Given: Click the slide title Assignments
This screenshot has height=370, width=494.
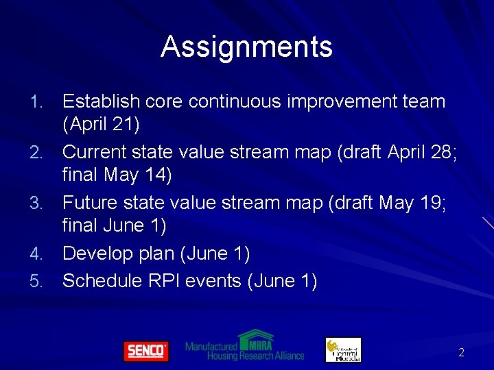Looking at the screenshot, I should (x=246, y=47).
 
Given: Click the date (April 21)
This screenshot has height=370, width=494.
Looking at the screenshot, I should (x=101, y=125).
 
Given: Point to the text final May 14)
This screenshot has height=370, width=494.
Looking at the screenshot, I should (x=117, y=175).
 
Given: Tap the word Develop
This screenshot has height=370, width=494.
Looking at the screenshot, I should (x=97, y=254).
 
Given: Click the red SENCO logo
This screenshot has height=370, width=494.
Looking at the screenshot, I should (x=145, y=351).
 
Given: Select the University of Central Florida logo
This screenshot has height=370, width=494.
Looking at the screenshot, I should (x=343, y=349).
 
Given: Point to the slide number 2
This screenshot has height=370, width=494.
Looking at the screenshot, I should (x=461, y=352).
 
